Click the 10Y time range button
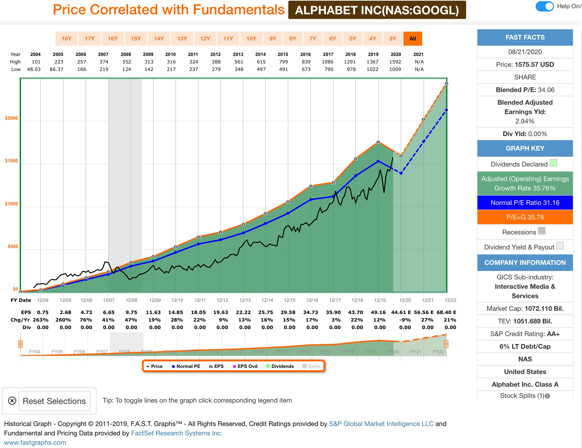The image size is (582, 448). click(x=251, y=39)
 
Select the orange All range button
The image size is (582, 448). click(x=413, y=39)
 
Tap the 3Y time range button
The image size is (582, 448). click(x=392, y=39)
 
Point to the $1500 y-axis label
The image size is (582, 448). click(x=11, y=161)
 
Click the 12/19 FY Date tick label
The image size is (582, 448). click(x=380, y=300)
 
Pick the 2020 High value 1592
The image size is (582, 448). click(x=395, y=62)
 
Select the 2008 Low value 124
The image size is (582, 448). click(x=126, y=69)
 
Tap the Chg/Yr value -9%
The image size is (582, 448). click(x=405, y=320)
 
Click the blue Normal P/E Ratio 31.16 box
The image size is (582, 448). click(x=525, y=203)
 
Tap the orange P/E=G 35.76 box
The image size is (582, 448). click(x=525, y=217)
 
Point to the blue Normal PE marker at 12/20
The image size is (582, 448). click(x=401, y=173)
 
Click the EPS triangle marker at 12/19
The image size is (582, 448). click(x=378, y=142)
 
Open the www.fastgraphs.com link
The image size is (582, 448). click(x=35, y=442)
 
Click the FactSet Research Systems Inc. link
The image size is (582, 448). click(x=176, y=433)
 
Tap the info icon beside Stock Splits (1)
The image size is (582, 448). click(x=547, y=396)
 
